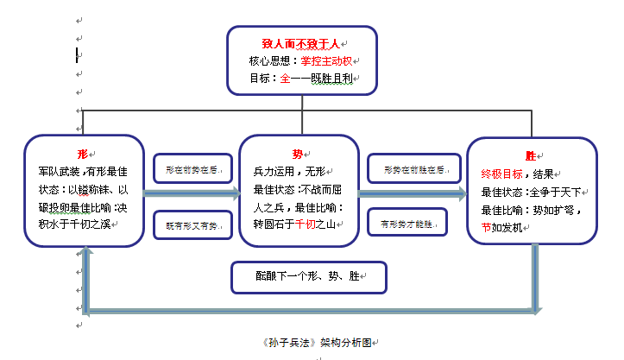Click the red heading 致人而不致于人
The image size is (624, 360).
point(301,43)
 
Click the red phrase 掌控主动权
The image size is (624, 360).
point(327,60)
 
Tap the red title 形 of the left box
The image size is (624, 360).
point(83,153)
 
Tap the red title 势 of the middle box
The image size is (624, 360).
point(298,154)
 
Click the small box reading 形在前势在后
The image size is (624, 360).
point(193,170)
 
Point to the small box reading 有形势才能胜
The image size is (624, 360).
point(407,224)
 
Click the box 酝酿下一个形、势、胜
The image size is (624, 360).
point(308,277)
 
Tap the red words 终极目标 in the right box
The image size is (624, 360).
point(501,174)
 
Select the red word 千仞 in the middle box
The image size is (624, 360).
point(306,224)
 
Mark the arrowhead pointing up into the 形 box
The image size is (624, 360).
point(84,251)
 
